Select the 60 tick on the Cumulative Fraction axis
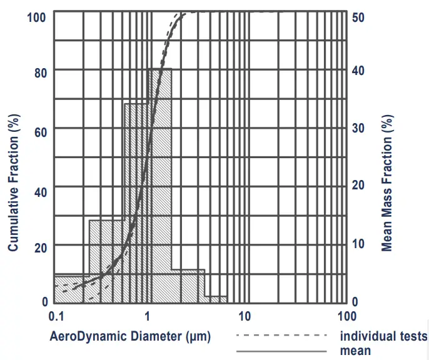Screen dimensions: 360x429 point(39,129)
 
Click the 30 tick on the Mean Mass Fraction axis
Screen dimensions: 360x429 point(358,127)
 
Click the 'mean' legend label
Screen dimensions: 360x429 point(355,351)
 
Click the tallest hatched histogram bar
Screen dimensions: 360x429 point(159,187)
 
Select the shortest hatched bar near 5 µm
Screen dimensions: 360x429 point(215,299)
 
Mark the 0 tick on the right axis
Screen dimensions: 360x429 point(355,301)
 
